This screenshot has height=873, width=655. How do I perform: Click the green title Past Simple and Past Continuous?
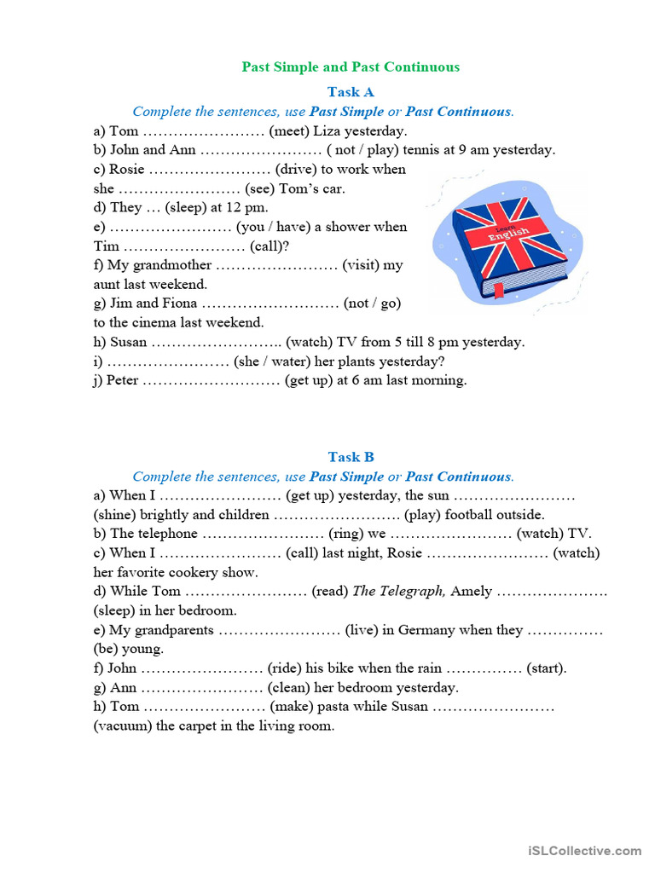pos(351,66)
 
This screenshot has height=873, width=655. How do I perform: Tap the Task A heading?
pos(351,92)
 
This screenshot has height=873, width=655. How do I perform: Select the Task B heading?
pos(351,457)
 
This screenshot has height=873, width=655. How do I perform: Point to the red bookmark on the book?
pos(498,294)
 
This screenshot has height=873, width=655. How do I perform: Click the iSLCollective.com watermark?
pos(584,850)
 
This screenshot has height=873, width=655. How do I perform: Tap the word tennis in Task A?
pos(421,150)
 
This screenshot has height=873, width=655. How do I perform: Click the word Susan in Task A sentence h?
pos(129,342)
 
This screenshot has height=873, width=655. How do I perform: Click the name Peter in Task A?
pos(123,380)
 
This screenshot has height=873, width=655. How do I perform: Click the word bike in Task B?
pos(362,668)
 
